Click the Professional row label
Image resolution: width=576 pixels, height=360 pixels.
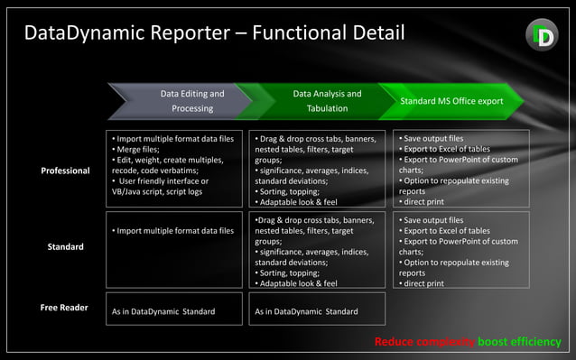[x=65, y=171]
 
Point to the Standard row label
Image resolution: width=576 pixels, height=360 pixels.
[x=65, y=246]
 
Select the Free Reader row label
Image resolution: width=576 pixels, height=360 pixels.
[x=64, y=308]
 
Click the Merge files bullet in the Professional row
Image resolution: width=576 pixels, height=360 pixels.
[x=135, y=150]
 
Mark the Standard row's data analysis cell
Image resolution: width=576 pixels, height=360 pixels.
[x=316, y=251]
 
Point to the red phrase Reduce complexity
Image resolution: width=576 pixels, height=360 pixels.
[x=424, y=343]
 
